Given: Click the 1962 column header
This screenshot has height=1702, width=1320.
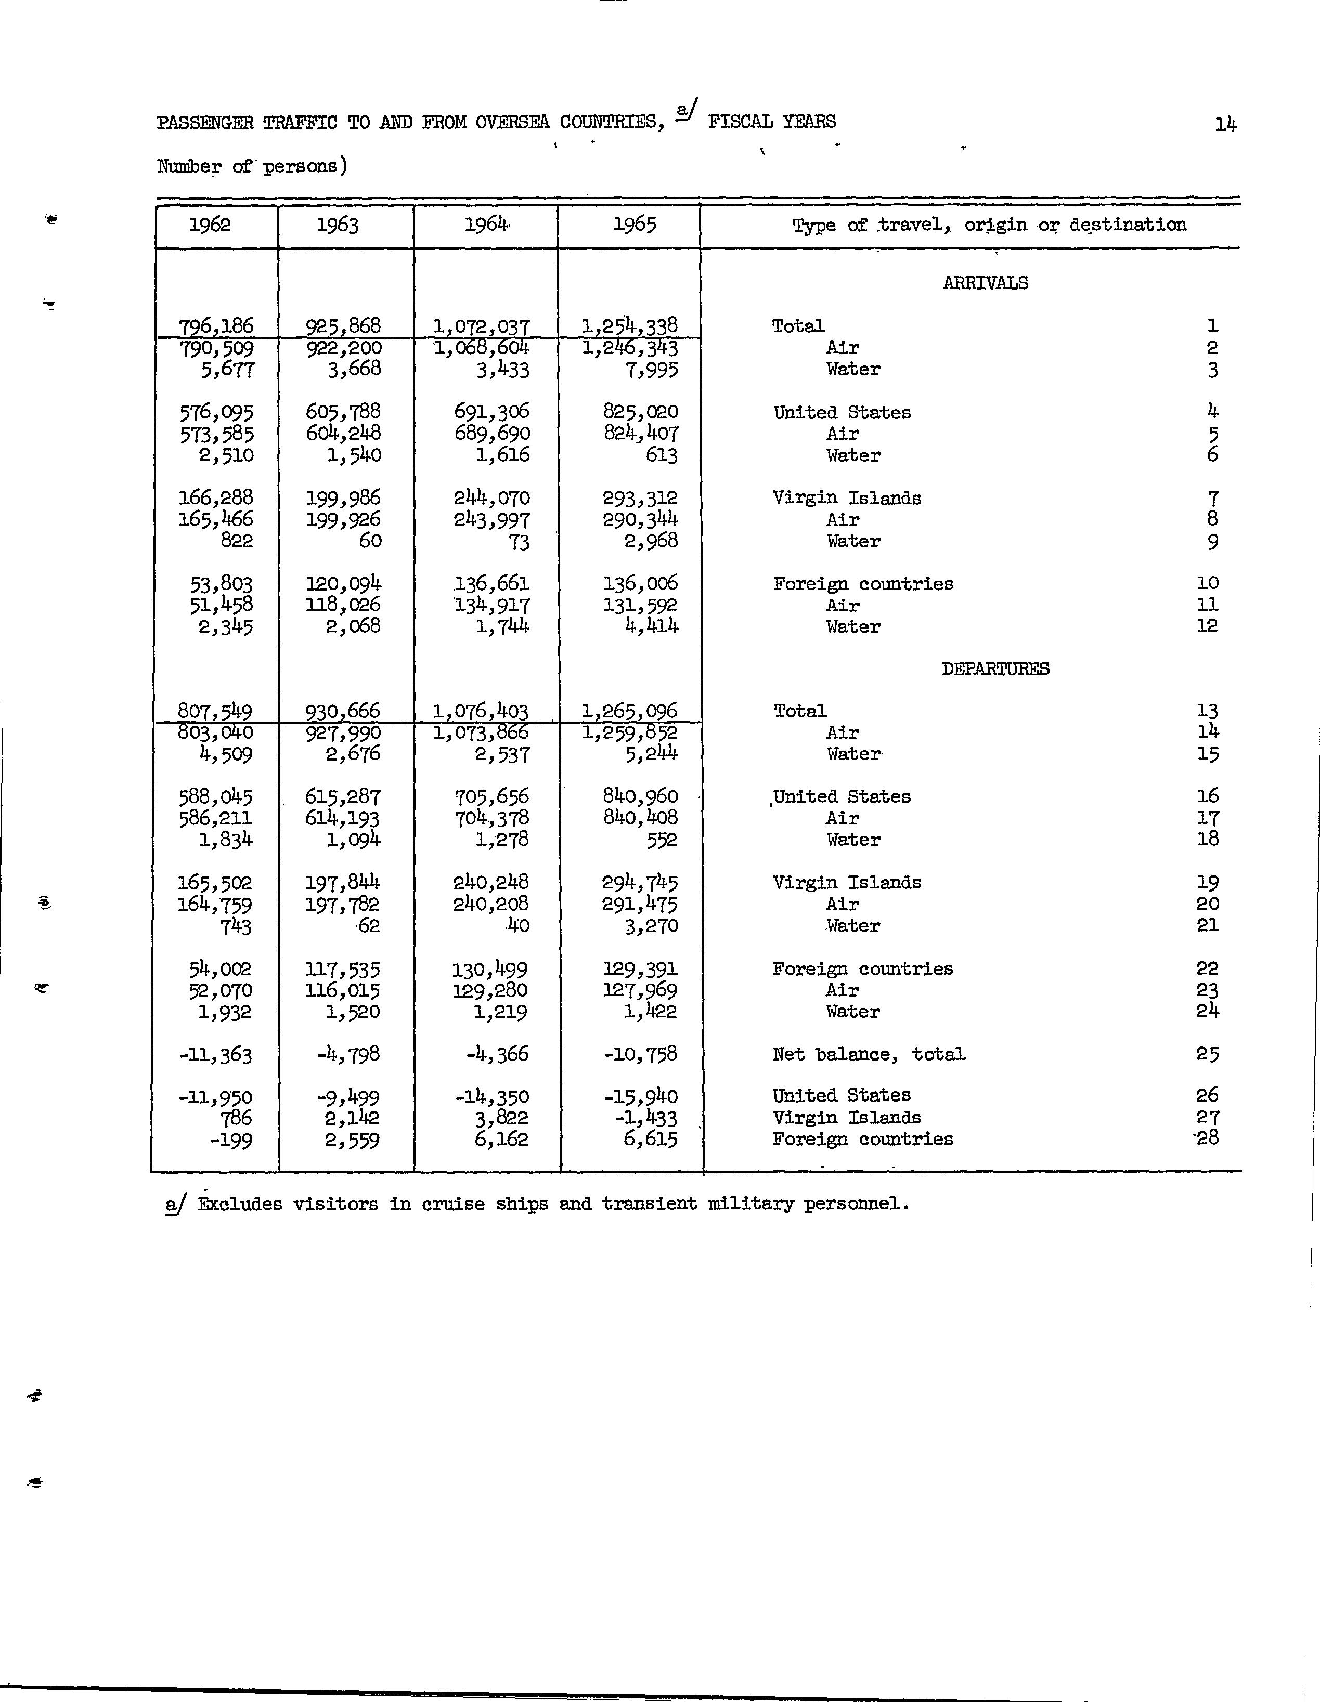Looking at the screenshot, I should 210,225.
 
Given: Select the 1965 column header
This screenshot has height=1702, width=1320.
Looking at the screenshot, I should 634,225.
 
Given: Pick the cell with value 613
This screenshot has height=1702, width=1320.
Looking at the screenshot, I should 661,455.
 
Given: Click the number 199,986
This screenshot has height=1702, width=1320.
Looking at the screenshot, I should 343,498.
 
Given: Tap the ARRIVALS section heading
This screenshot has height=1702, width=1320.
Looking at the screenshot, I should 985,283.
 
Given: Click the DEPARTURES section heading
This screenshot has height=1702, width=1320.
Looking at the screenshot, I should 995,669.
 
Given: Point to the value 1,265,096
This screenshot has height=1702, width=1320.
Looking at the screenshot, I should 629,711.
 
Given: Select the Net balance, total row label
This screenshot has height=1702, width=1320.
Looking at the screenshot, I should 869,1054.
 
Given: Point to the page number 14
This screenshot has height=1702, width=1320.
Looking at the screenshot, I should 1225,124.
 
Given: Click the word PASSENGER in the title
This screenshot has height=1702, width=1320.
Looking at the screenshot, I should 205,122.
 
